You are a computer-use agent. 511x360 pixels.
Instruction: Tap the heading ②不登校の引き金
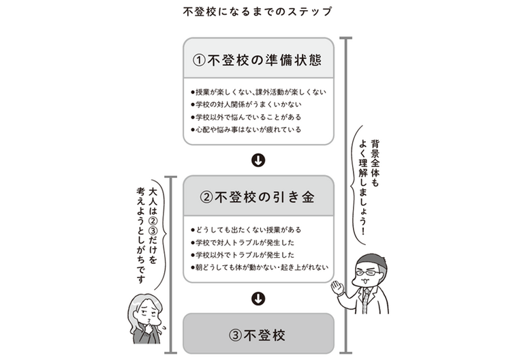point(258,198)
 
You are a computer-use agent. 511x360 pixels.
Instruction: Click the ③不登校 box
point(258,335)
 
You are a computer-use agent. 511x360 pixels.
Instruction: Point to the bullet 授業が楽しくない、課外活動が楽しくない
point(260,91)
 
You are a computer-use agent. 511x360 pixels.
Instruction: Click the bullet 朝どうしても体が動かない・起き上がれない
point(260,267)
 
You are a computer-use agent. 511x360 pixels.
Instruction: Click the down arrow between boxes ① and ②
point(258,161)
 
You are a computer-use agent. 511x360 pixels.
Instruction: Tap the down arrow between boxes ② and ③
point(258,298)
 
